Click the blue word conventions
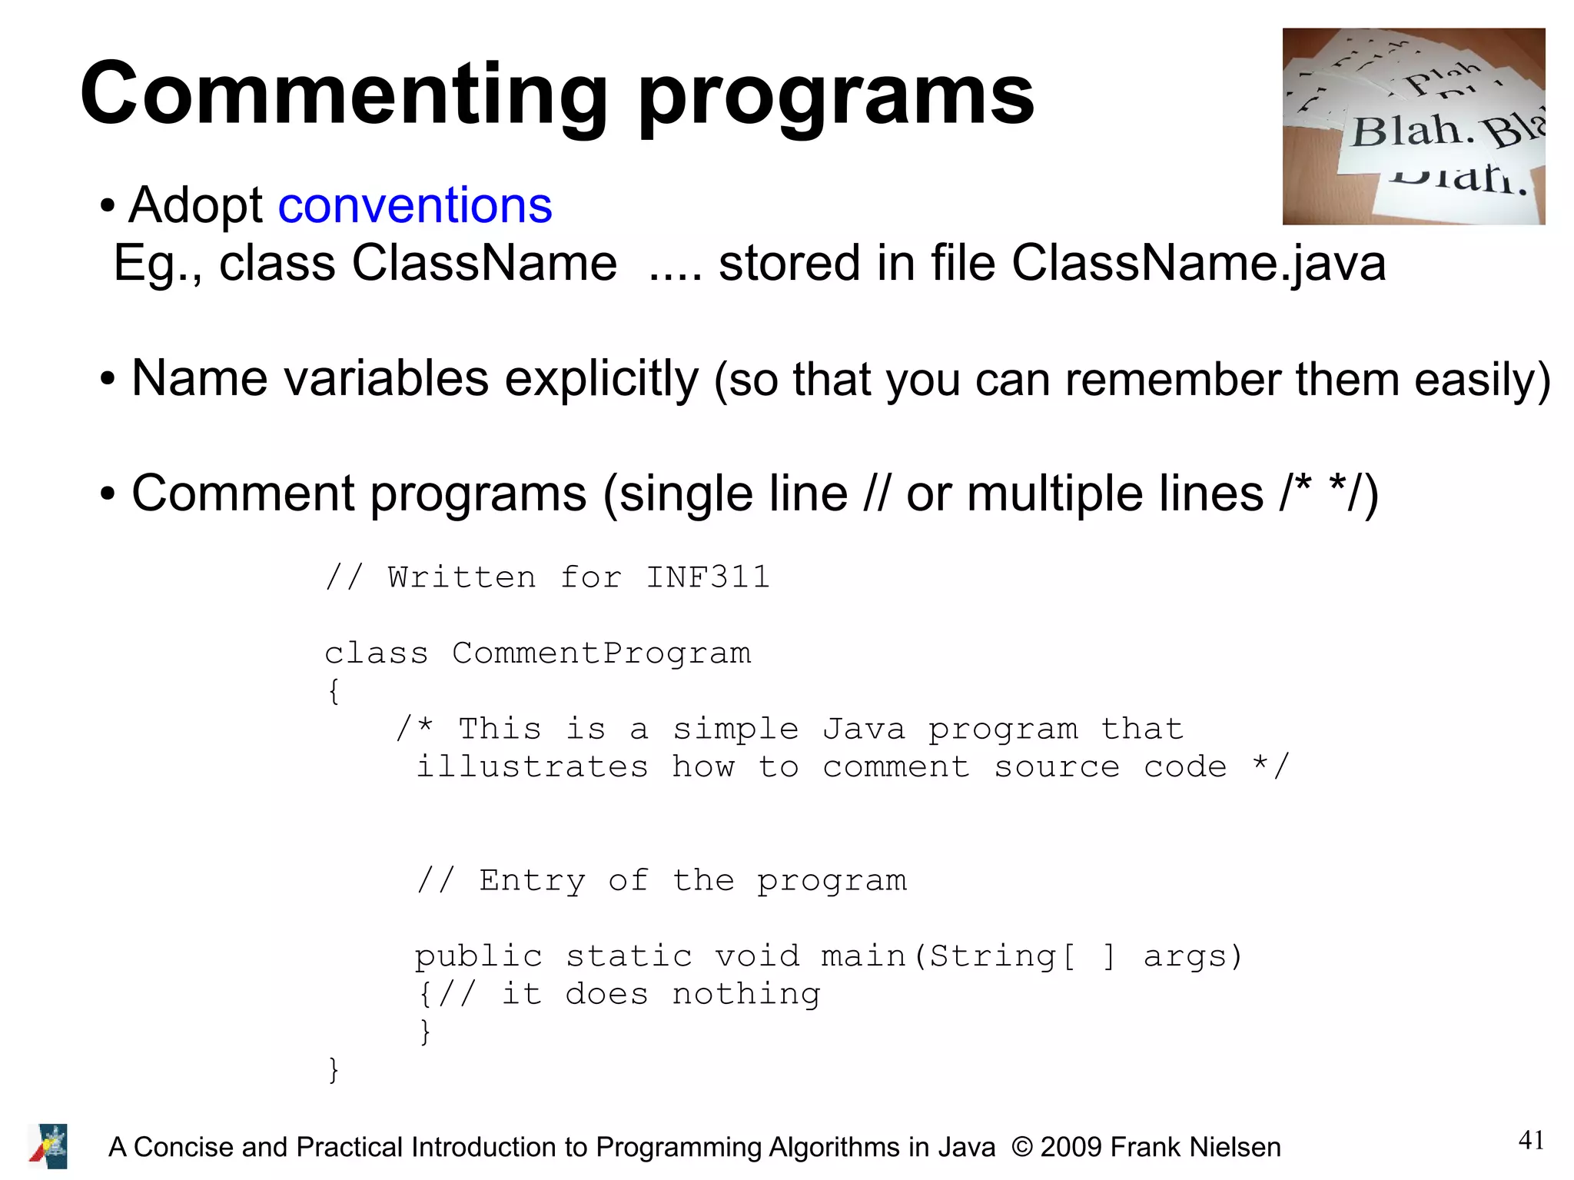pyautogui.click(x=415, y=206)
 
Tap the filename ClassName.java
pyautogui.click(x=1198, y=264)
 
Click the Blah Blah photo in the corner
pyautogui.click(x=1413, y=127)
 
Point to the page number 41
pyautogui.click(x=1531, y=1139)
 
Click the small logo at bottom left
pyautogui.click(x=48, y=1146)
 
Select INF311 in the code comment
pyautogui.click(x=707, y=577)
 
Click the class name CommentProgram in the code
pyautogui.click(x=601, y=653)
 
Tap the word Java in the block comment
pyautogui.click(x=863, y=729)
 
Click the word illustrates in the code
pyautogui.click(x=532, y=766)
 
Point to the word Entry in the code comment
pyautogui.click(x=532, y=880)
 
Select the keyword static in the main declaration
pyautogui.click(x=629, y=956)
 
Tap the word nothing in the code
pyautogui.click(x=745, y=994)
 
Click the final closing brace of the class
pyautogui.click(x=333, y=1069)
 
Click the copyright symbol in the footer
pyautogui.click(x=1021, y=1147)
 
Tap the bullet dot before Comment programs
pyautogui.click(x=108, y=494)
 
